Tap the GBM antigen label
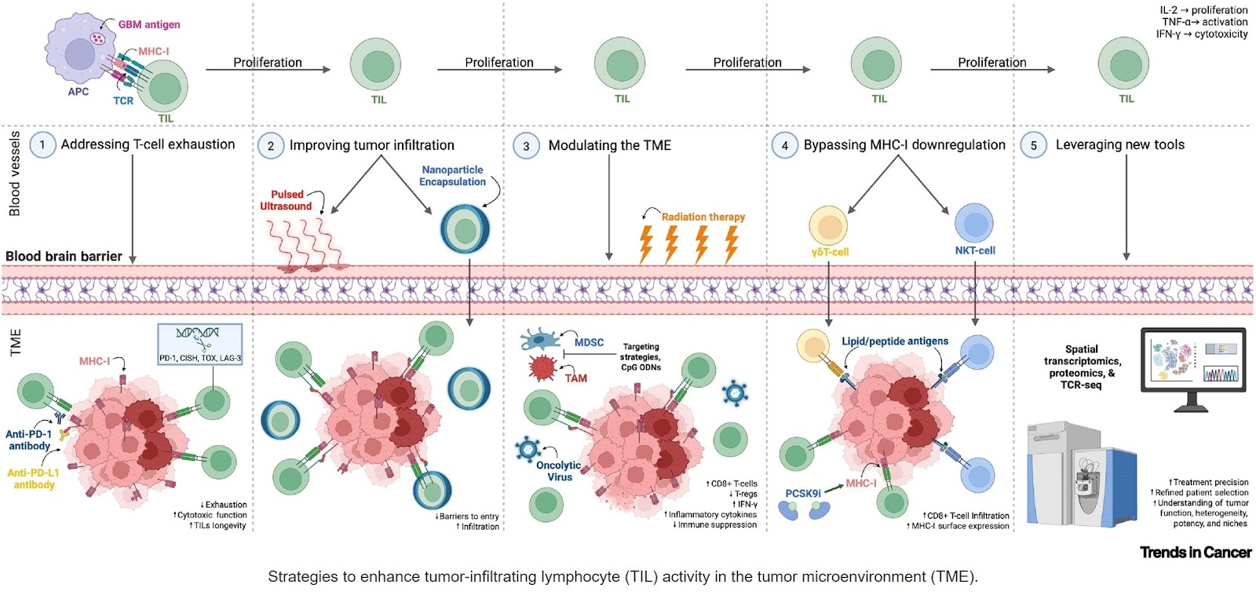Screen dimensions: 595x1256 click(149, 24)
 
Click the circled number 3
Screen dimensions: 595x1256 click(526, 146)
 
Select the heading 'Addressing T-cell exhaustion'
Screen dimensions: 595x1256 click(148, 144)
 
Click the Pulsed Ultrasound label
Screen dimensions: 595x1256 click(286, 200)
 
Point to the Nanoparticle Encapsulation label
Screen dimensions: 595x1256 click(452, 176)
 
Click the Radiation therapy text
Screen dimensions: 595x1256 click(703, 217)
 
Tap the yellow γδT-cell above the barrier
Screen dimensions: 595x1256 click(827, 225)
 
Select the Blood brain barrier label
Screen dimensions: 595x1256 click(64, 256)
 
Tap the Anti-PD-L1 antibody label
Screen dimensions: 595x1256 click(34, 479)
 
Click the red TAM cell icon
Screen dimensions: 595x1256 click(542, 367)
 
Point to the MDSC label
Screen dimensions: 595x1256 click(589, 342)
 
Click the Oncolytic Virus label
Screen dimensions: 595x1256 click(559, 471)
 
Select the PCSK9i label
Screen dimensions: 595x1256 click(802, 494)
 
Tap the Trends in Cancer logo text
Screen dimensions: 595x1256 click(1195, 553)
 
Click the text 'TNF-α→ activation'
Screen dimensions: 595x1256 click(1204, 22)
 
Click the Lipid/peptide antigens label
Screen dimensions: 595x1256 click(895, 341)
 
